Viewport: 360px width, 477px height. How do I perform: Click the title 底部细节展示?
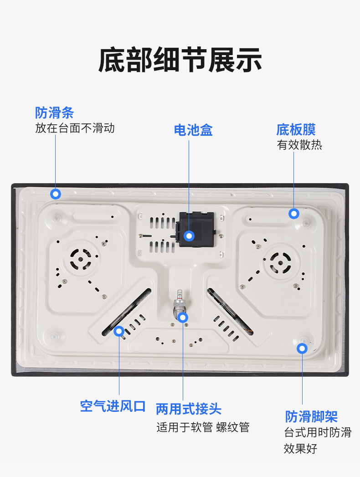click(180, 60)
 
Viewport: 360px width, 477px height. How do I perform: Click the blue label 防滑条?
click(55, 113)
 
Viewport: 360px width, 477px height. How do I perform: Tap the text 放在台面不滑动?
click(75, 128)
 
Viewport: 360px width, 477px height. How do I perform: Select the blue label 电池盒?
click(193, 130)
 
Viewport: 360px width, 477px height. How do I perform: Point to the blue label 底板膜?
click(296, 129)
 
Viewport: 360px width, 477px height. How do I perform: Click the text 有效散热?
click(299, 145)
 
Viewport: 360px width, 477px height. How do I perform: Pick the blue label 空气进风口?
click(113, 406)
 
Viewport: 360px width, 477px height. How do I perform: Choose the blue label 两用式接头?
click(189, 409)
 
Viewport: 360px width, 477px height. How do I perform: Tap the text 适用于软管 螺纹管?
click(203, 427)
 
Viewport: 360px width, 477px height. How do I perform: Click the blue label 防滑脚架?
click(311, 416)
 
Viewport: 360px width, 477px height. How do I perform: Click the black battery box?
click(195, 229)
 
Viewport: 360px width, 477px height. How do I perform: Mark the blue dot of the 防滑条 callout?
click(56, 194)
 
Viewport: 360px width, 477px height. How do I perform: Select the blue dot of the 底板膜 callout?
click(293, 214)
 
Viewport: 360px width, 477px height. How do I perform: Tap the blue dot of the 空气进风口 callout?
click(119, 331)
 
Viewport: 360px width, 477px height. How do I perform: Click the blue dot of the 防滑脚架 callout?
click(302, 349)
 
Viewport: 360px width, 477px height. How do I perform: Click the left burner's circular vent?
click(81, 259)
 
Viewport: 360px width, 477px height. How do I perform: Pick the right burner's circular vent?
click(280, 263)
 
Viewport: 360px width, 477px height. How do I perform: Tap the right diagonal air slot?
click(230, 312)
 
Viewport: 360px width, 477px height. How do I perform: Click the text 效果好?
click(301, 448)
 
